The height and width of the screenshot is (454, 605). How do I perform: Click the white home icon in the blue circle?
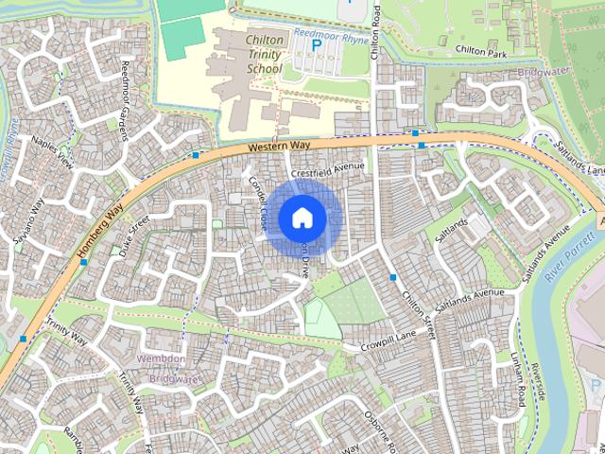pyautogui.click(x=302, y=218)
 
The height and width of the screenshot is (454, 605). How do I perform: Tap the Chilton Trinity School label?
pyautogui.click(x=263, y=55)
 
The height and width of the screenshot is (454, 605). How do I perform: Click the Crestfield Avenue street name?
pyautogui.click(x=327, y=167)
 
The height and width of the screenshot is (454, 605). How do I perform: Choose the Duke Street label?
pyautogui.click(x=134, y=234)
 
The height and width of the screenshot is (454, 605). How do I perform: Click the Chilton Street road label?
pyautogui.click(x=417, y=314)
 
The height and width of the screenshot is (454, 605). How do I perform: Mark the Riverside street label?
pyautogui.click(x=540, y=378)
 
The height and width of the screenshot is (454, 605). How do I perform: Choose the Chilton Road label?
pyautogui.click(x=375, y=32)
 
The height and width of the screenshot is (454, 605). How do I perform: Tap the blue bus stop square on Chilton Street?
pyautogui.click(x=392, y=277)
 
